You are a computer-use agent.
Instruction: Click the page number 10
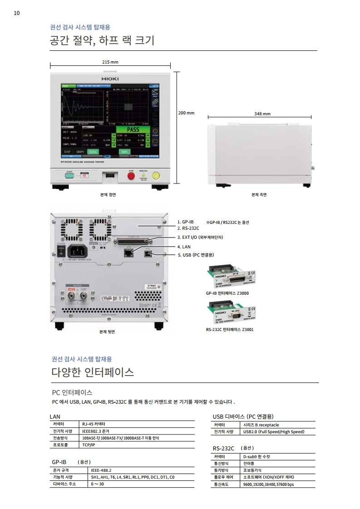click(x=17, y=13)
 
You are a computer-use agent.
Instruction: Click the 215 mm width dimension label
click(x=110, y=62)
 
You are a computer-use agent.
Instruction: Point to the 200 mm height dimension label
click(x=187, y=113)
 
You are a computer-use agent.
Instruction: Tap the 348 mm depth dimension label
click(x=262, y=114)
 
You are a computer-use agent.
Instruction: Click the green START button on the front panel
click(x=70, y=177)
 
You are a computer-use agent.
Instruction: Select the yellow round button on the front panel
click(x=157, y=175)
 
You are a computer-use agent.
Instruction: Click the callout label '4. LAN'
click(x=184, y=246)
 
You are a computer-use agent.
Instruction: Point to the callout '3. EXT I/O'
click(x=200, y=237)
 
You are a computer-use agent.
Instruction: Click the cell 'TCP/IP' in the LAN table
click(x=89, y=445)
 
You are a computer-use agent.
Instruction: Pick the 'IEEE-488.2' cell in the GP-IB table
click(x=101, y=470)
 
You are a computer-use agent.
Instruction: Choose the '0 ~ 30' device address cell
click(x=97, y=484)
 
